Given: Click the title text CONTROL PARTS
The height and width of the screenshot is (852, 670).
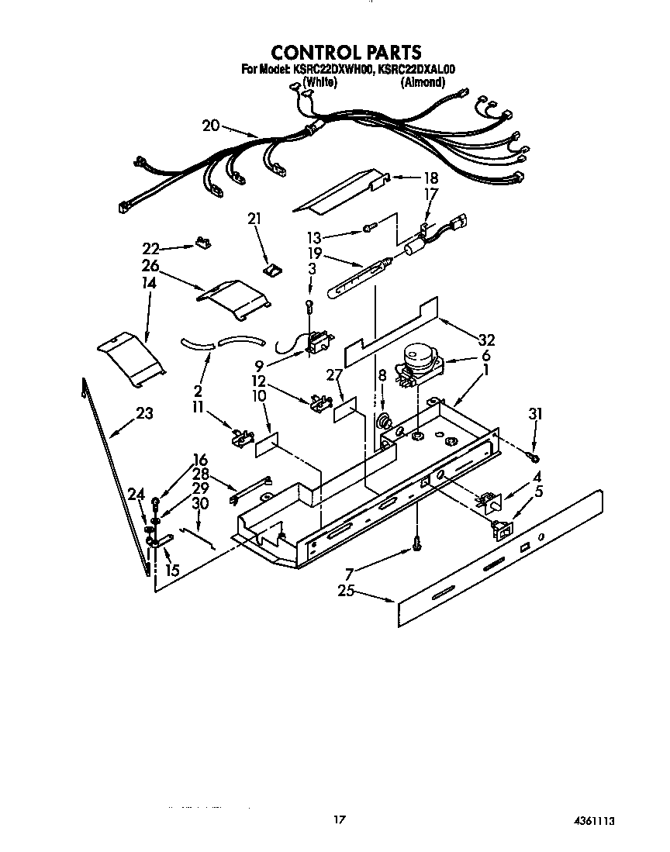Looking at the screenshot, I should click(345, 52).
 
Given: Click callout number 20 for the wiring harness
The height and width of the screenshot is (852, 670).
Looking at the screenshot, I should click(211, 126).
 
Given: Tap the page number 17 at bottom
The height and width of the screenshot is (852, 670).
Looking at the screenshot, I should click(338, 819).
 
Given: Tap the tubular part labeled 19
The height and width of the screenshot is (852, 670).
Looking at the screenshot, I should click(357, 281).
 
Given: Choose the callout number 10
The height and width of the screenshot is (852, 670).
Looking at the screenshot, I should click(258, 396).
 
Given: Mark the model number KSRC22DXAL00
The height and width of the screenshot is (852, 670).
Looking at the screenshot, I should click(416, 70).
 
